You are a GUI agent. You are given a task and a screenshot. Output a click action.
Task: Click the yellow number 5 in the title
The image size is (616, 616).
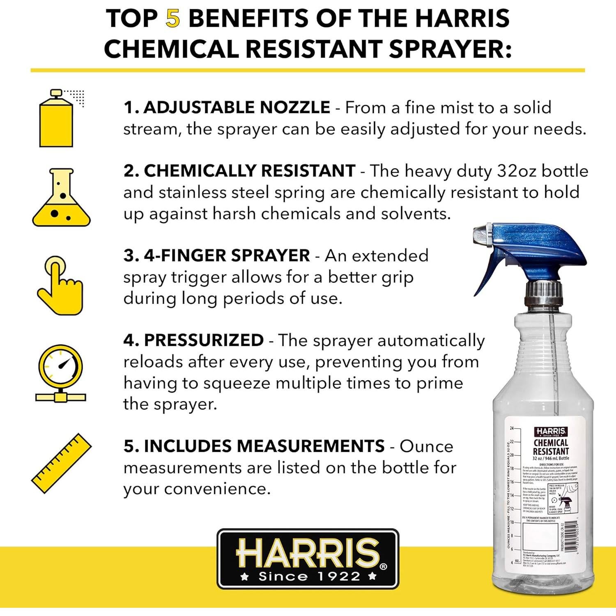click(173, 19)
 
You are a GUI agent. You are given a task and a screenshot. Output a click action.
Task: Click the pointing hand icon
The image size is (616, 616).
click(60, 285)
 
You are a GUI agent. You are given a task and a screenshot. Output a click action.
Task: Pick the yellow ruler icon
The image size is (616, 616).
click(62, 463)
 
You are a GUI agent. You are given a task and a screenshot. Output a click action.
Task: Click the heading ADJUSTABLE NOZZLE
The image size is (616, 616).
click(237, 108)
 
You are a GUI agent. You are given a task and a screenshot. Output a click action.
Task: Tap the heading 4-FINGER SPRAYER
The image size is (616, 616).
click(227, 255)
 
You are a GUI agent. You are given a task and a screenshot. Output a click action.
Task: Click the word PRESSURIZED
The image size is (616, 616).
click(204, 340)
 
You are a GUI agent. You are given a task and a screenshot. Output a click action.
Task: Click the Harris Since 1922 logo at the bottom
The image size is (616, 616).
click(308, 559)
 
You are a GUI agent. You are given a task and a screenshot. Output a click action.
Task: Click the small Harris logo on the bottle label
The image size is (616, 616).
click(551, 431)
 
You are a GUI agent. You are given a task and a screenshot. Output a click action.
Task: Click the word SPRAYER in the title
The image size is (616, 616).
click(450, 49)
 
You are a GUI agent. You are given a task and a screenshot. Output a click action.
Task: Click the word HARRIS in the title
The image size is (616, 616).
click(462, 19)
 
